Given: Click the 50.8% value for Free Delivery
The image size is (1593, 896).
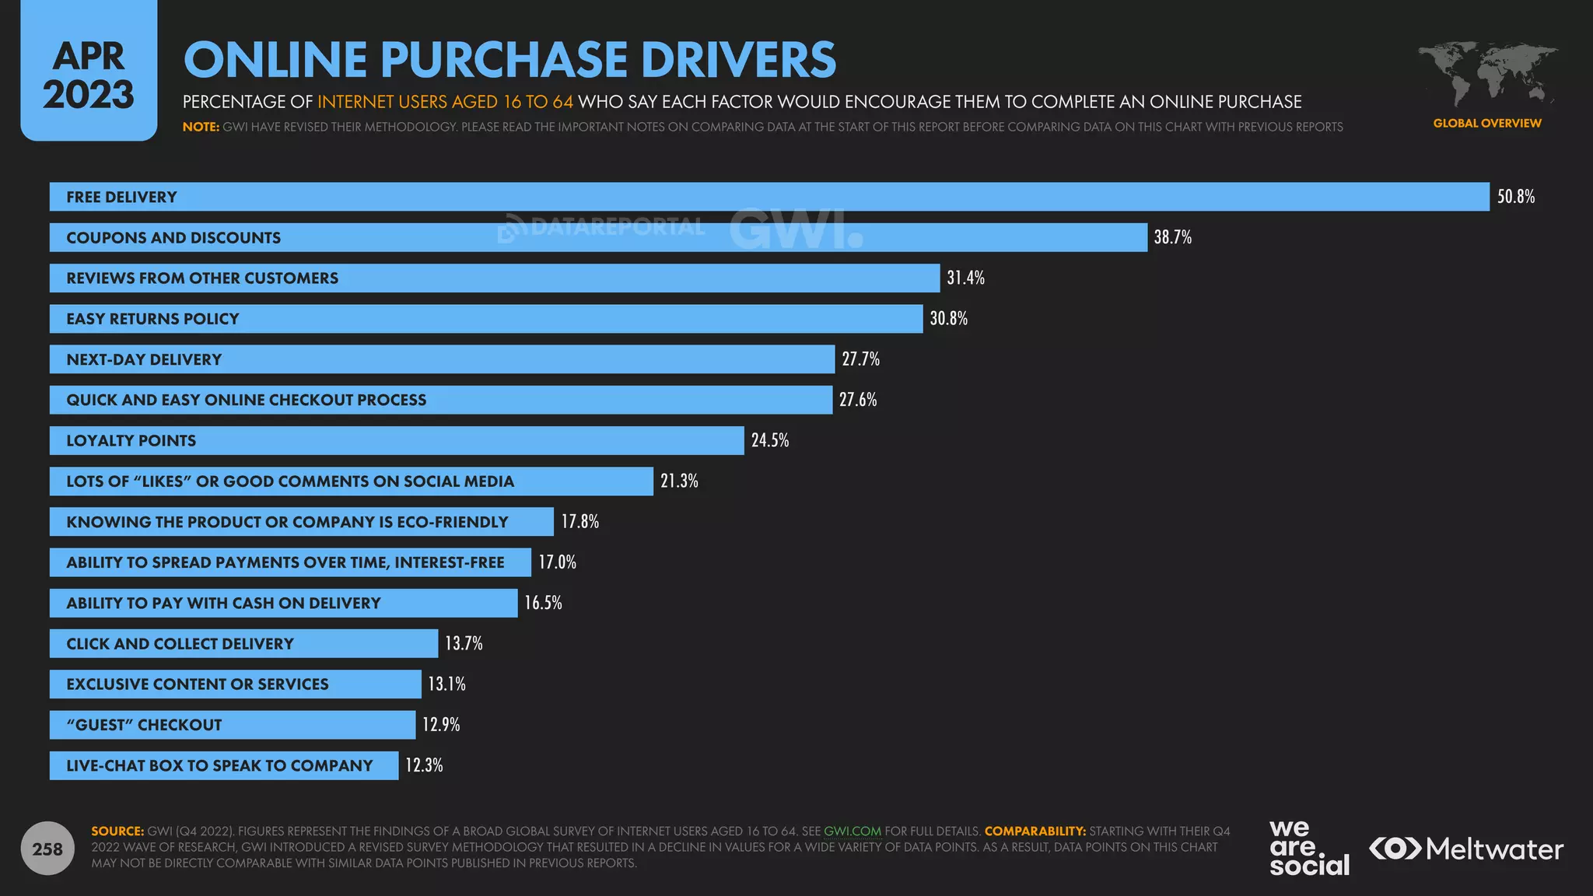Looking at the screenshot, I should [1515, 197].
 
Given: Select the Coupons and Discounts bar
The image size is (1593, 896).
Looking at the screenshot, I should [597, 237].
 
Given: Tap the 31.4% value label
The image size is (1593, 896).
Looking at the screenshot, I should [965, 278].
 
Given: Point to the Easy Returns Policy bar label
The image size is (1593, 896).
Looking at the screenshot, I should [152, 319].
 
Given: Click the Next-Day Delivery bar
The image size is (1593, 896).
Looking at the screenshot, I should [442, 359].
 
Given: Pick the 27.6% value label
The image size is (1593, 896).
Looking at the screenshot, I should [858, 400].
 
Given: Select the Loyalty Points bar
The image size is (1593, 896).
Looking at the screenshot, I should [397, 440].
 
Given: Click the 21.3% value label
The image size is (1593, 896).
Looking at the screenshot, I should [679, 481].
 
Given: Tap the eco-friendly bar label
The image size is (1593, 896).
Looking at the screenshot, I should [287, 522].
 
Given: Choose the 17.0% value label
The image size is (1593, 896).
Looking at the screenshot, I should [557, 562].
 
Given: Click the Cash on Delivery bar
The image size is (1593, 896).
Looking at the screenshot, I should [283, 603].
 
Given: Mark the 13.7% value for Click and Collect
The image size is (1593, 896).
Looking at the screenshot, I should [464, 643].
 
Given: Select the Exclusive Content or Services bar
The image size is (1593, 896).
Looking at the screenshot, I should [235, 684].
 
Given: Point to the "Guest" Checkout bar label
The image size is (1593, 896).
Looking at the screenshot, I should [144, 725].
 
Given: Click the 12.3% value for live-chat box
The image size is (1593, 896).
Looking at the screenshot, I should [424, 765].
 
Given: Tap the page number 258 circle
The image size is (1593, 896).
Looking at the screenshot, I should [47, 849].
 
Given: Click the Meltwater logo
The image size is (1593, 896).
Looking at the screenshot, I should [1465, 849].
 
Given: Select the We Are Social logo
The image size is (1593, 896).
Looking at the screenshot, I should [1308, 849].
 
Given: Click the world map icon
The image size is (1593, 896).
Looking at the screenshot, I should [1486, 75].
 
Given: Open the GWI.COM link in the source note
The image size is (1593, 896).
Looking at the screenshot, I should [852, 831].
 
